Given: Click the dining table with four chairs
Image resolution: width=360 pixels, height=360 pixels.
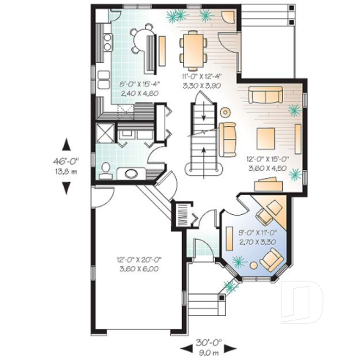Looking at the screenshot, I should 194,48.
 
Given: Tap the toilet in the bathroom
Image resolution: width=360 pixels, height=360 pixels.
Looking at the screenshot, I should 105,169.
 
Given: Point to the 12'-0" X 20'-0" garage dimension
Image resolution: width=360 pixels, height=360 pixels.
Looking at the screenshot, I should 139,265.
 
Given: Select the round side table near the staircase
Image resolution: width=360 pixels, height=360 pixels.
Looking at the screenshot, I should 225,112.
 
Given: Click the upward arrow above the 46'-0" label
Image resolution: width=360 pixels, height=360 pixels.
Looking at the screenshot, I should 66,143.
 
